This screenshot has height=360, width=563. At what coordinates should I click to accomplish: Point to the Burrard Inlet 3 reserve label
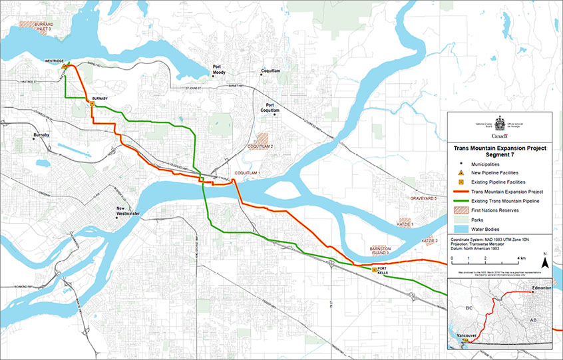click(x=37, y=26)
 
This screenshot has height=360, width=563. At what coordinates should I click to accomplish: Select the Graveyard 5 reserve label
click(x=423, y=198)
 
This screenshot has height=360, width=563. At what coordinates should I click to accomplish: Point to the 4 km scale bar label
click(x=520, y=256)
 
